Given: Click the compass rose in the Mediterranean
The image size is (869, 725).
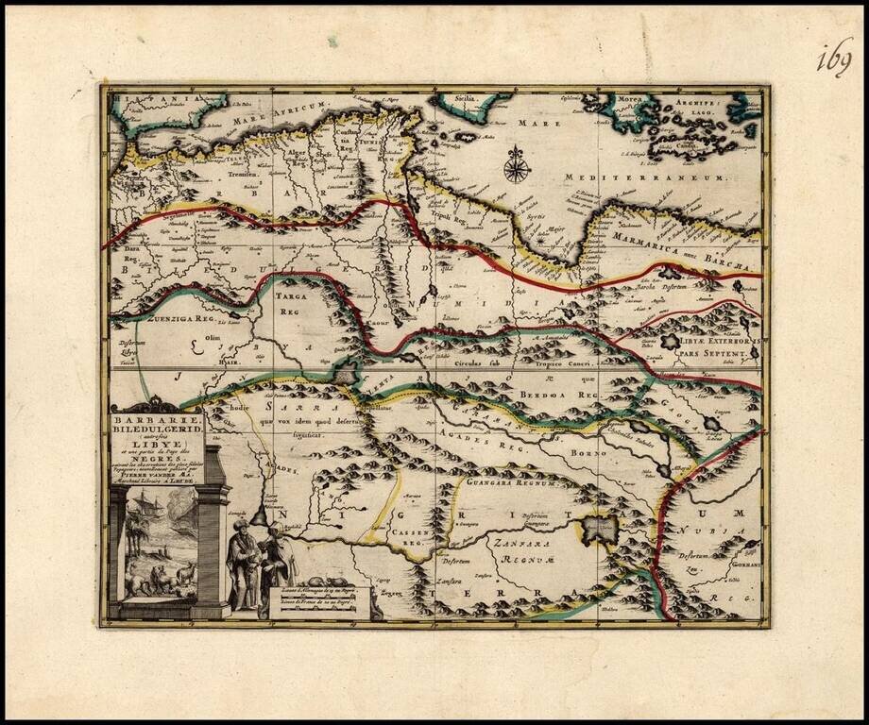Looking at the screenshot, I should coord(516,166).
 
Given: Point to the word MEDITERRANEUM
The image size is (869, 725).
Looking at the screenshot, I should coord(644,177).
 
